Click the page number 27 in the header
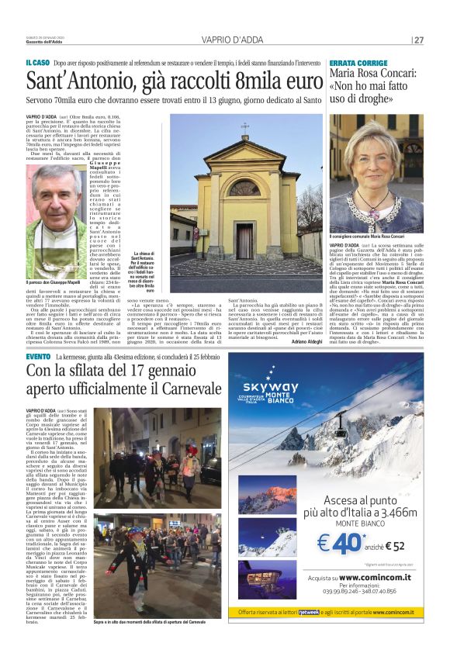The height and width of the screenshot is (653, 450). click(419, 40)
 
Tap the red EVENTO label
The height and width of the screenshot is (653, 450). click(38, 356)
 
